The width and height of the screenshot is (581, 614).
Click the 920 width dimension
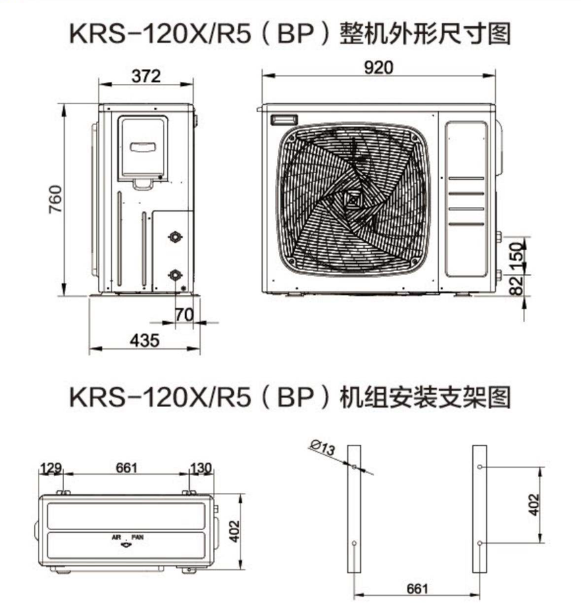click(378, 68)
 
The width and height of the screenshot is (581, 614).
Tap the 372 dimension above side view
click(147, 76)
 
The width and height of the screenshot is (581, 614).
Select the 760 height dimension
click(55, 199)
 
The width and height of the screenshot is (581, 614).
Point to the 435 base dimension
click(145, 340)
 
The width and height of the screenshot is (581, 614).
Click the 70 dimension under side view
click(184, 314)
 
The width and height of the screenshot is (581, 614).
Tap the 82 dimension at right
click(516, 285)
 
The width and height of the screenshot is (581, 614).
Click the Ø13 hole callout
click(322, 448)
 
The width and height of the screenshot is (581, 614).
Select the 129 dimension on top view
click(51, 467)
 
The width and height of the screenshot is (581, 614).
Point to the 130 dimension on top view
click(201, 467)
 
